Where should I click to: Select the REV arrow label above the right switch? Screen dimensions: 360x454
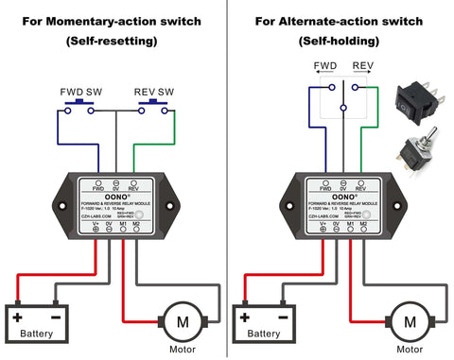(363, 67)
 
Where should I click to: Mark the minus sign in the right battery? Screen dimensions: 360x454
(287, 317)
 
